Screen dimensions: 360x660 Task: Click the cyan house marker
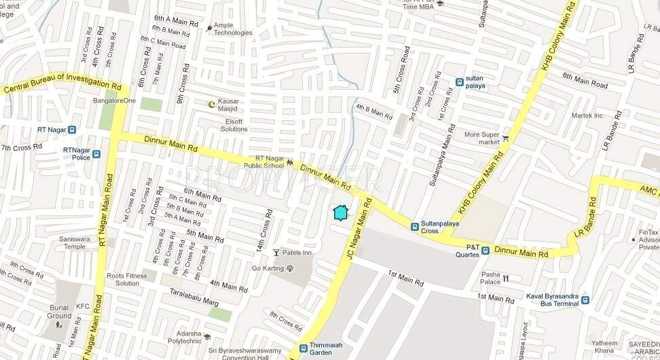click(x=341, y=213)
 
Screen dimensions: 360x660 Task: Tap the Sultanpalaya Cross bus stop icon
click(x=414, y=226)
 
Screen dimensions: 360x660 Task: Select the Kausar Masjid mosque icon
click(x=211, y=104)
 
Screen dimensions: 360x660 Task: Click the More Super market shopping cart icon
click(x=505, y=139)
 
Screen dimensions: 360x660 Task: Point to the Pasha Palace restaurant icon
click(x=506, y=278)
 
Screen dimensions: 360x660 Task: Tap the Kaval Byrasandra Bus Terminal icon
click(x=585, y=300)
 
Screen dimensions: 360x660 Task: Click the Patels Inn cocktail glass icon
click(x=276, y=253)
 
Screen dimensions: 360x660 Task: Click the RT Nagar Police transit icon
click(x=96, y=154)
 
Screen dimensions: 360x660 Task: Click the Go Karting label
click(x=268, y=268)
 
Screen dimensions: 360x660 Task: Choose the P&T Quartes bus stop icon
click(x=485, y=250)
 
